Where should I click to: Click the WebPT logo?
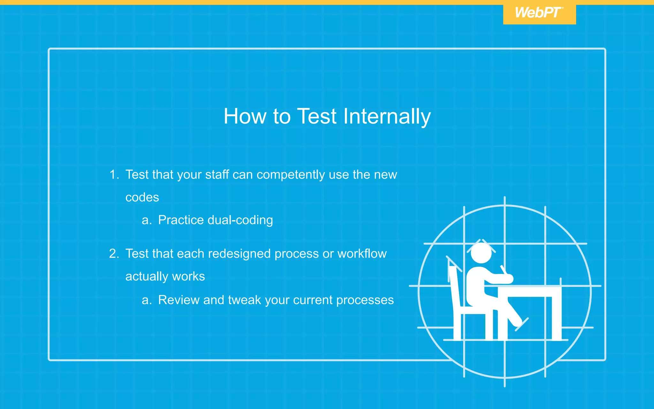pos(539,13)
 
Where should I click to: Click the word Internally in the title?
pos(387,116)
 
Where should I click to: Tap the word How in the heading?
pos(245,116)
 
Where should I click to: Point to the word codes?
pos(142,197)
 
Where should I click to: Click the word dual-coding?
pos(240,220)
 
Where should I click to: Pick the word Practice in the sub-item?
pos(181,220)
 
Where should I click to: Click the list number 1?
pos(113,175)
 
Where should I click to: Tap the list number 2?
pos(114,254)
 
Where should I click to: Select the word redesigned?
pos(240,254)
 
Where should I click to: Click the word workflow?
pos(362,254)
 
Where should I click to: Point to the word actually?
pos(145,276)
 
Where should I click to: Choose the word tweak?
pos(244,300)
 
